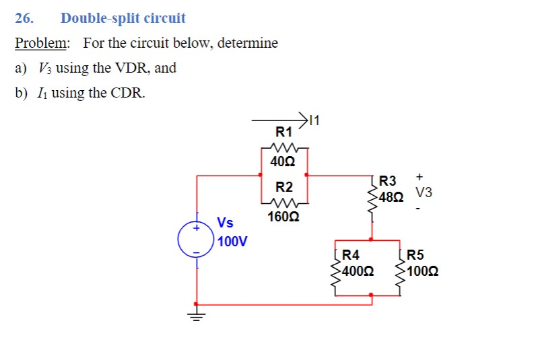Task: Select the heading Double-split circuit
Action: pyautogui.click(x=123, y=18)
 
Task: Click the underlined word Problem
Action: pyautogui.click(x=42, y=43)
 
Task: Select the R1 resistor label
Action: pyautogui.click(x=284, y=131)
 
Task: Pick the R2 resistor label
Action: pyautogui.click(x=284, y=186)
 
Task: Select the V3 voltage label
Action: pyautogui.click(x=424, y=193)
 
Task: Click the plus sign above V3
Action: pyautogui.click(x=419, y=176)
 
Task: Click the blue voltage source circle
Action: pyautogui.click(x=196, y=240)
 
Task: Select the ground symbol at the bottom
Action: pyautogui.click(x=196, y=316)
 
